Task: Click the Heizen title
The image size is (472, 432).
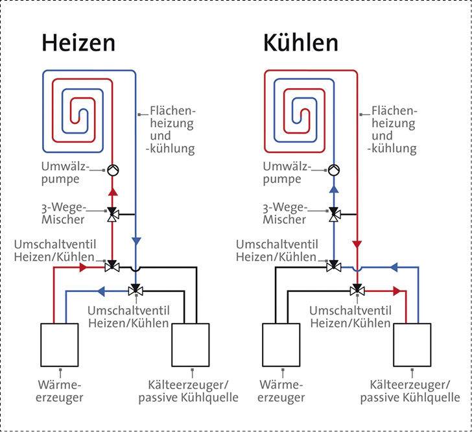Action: point(78,43)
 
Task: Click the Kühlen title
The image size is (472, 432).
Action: point(300,43)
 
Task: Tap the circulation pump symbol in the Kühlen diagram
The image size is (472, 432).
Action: point(334,170)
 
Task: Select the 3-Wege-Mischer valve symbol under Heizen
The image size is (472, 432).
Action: point(112,213)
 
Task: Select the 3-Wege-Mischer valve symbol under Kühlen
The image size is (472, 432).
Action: point(334,213)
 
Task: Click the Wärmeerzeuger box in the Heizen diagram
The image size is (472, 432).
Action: point(60,344)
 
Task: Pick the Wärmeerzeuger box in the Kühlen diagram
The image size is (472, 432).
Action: point(281,344)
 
